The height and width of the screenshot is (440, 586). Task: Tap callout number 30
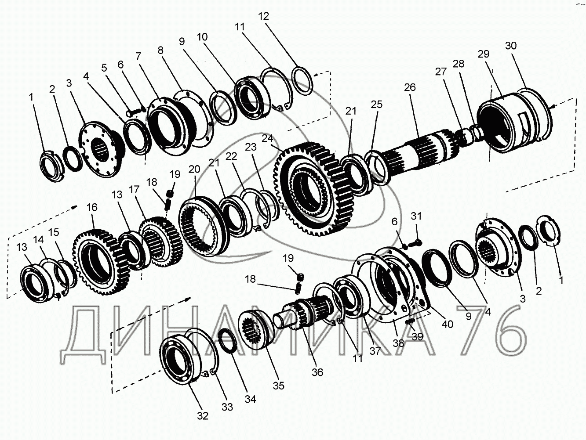coord(511,46)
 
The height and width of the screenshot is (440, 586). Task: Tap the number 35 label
coord(279,386)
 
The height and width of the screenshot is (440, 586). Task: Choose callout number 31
coord(416,216)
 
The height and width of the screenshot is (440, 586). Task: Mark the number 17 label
coord(134,190)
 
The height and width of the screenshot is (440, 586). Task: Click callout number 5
coord(104,68)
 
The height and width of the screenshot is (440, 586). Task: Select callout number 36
coord(317,372)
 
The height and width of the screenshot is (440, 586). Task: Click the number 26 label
coord(410,87)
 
